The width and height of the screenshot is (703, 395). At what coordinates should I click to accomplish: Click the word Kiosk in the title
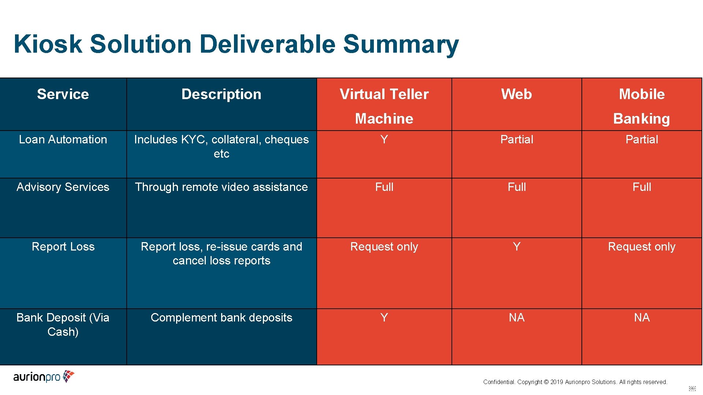coord(48,44)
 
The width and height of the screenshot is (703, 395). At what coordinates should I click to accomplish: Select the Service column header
coord(63,94)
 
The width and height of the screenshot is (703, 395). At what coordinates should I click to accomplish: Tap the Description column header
coord(222,94)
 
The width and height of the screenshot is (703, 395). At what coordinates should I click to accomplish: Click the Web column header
coord(516,94)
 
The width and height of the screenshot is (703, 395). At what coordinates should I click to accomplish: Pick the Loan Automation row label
coord(63,139)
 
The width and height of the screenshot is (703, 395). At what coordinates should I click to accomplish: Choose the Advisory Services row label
coord(63,187)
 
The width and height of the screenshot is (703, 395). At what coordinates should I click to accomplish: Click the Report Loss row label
coord(63,247)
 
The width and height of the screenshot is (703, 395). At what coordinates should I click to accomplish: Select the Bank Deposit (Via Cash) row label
coord(63,324)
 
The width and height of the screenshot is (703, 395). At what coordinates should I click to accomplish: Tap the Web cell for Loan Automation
coord(517,139)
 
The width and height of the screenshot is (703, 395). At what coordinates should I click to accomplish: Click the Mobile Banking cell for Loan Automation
coord(641,139)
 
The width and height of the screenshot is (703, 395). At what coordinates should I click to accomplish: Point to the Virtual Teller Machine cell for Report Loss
coord(384,247)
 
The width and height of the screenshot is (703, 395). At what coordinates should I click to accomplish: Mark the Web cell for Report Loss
coord(517,247)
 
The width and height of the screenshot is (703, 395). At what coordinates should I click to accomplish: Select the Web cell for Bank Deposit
coord(517,317)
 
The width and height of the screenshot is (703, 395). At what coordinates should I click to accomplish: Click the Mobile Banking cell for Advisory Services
coord(641,187)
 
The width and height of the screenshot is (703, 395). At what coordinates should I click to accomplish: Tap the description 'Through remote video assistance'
coord(222,187)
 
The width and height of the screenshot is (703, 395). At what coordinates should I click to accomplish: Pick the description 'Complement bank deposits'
coord(222,317)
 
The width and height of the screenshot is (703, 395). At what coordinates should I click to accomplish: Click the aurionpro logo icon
coord(68,376)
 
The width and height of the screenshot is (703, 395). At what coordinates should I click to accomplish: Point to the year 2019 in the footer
coord(557,382)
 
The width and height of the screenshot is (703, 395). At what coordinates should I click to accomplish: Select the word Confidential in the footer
coord(499,382)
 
